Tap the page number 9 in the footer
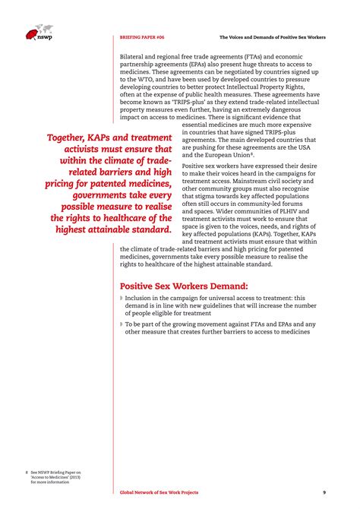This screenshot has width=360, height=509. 324,492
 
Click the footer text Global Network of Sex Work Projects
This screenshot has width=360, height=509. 159,492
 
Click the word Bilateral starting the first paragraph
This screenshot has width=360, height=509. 135,56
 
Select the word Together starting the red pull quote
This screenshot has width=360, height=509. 71,138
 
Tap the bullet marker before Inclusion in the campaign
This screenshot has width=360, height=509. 122,299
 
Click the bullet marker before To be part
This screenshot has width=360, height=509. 122,324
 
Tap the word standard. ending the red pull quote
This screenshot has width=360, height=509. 145,228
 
